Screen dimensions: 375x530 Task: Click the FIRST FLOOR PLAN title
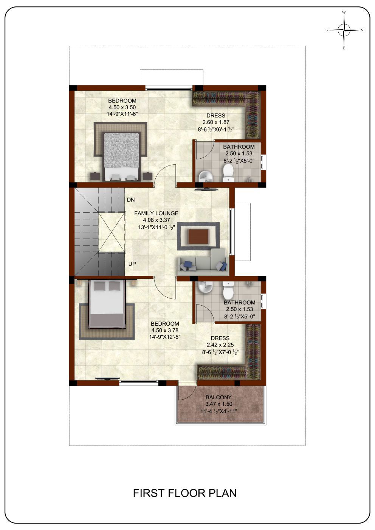pos(184,493)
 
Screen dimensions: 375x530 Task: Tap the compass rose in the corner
pos(344,30)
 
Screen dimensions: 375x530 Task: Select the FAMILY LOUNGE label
pos(156,213)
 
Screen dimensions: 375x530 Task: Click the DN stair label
pos(131,200)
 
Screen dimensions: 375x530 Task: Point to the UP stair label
pos(132,264)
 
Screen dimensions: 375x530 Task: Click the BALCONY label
pos(218,397)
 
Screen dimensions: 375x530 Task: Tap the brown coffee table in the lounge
pos(198,236)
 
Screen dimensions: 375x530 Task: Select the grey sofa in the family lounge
pos(203,262)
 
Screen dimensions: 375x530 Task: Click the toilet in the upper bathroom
pos(228,173)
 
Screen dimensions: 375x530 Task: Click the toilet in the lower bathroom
pos(228,290)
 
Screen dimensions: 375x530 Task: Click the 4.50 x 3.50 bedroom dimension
pos(122,107)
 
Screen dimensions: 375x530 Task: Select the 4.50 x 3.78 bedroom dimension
pos(165,330)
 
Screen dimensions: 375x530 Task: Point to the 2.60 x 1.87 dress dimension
pos(216,122)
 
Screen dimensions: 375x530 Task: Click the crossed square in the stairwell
pos(111,233)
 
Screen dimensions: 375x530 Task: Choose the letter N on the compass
pos(362,30)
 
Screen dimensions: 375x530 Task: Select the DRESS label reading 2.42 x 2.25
pos(220,338)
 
